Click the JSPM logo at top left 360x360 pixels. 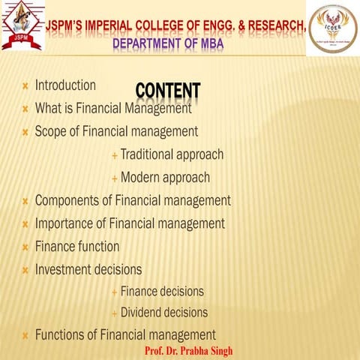click(22, 27)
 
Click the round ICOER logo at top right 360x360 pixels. click(331, 28)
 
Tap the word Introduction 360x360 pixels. click(65, 85)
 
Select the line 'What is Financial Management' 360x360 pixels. click(112, 108)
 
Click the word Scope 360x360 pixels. click(51, 131)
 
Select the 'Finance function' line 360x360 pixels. click(76, 246)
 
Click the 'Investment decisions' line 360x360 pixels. click(88, 268)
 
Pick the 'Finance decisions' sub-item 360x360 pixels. click(162, 291)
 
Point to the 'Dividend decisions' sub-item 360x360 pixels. click(164, 312)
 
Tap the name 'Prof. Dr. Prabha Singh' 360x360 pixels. click(187, 351)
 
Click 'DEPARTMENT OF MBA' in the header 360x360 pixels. click(168, 43)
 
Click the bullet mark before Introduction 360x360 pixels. click(25, 87)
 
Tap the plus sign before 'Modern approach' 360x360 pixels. click(114, 178)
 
